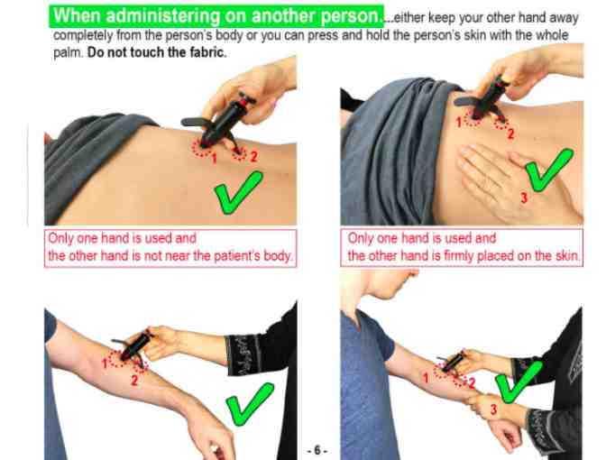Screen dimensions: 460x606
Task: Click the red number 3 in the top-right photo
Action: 524,197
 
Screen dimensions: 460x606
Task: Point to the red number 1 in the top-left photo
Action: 214,159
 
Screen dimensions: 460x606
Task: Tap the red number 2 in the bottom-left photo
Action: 134,379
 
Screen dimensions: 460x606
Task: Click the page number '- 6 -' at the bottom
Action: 317,449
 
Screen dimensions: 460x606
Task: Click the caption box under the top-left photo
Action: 171,247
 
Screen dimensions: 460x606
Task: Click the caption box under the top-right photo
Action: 464,247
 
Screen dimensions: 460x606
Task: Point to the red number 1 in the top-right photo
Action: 457,120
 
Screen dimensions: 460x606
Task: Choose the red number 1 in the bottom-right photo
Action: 426,378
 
